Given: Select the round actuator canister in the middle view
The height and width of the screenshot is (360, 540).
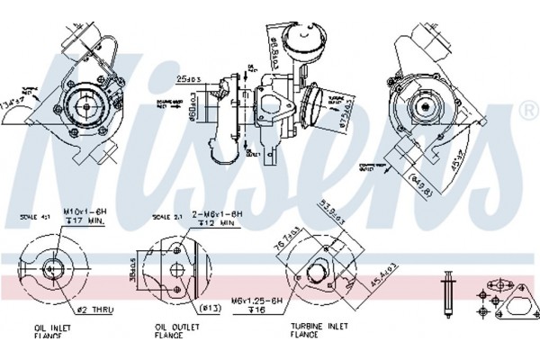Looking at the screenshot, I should point(296,36).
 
